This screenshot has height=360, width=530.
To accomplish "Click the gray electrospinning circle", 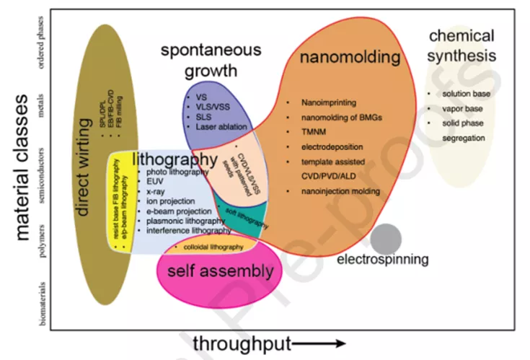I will coord(386,239).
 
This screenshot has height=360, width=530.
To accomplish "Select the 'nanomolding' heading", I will coord(350,57).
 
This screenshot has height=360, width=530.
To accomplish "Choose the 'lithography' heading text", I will coord(175,158).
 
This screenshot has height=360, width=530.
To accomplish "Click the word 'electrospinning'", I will coord(383,259).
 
